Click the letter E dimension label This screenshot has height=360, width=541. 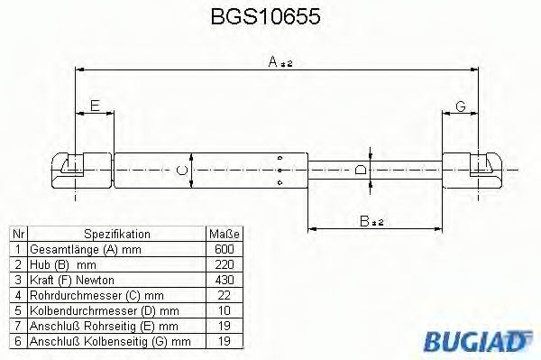95,106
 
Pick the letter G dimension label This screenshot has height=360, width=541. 460,106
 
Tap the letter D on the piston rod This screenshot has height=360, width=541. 360,169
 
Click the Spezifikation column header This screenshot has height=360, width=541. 116,234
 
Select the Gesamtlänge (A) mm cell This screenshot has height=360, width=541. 76,249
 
